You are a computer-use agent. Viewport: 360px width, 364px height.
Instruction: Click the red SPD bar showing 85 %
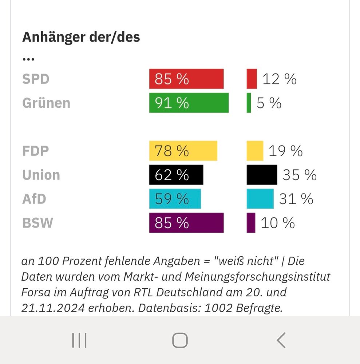(x=186, y=79)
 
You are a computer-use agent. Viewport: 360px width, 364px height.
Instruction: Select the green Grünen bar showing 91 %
(x=189, y=103)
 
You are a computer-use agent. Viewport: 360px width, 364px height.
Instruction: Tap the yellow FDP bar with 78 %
(x=183, y=151)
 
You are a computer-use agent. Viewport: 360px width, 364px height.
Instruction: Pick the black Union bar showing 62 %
(x=176, y=175)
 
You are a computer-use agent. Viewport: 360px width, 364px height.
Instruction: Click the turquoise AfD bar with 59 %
(x=175, y=199)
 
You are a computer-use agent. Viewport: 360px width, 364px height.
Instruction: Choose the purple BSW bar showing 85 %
(x=186, y=223)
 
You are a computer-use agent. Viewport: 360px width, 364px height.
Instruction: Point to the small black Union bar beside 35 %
(x=262, y=175)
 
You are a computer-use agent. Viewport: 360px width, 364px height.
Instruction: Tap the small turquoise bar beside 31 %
(x=260, y=199)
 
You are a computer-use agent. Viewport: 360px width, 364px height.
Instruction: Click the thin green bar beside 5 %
(x=249, y=103)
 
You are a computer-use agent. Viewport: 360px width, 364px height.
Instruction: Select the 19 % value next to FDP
(x=285, y=151)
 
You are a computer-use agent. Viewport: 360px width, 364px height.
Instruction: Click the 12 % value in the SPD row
(x=279, y=79)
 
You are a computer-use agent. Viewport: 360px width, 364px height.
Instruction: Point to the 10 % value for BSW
(x=277, y=223)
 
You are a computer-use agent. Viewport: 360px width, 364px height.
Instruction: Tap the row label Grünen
(x=46, y=103)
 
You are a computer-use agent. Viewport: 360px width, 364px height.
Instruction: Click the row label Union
(x=41, y=175)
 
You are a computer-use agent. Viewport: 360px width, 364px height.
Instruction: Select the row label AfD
(x=35, y=199)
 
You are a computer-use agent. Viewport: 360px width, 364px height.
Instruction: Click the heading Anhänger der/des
(x=81, y=37)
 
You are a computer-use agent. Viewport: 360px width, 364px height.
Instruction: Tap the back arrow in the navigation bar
(x=281, y=340)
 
